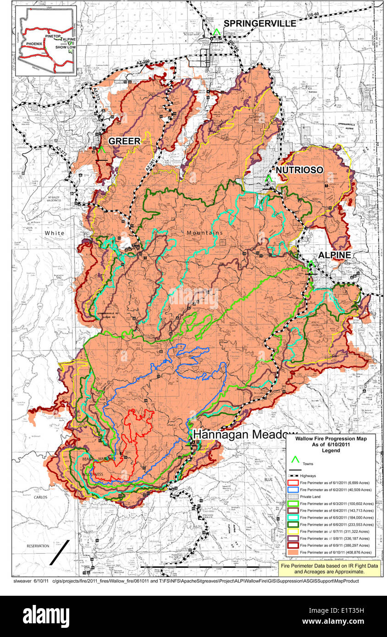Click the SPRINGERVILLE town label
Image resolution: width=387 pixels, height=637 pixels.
260,23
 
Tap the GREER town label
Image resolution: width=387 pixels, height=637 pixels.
124,142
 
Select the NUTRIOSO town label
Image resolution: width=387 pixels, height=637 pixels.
299,170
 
